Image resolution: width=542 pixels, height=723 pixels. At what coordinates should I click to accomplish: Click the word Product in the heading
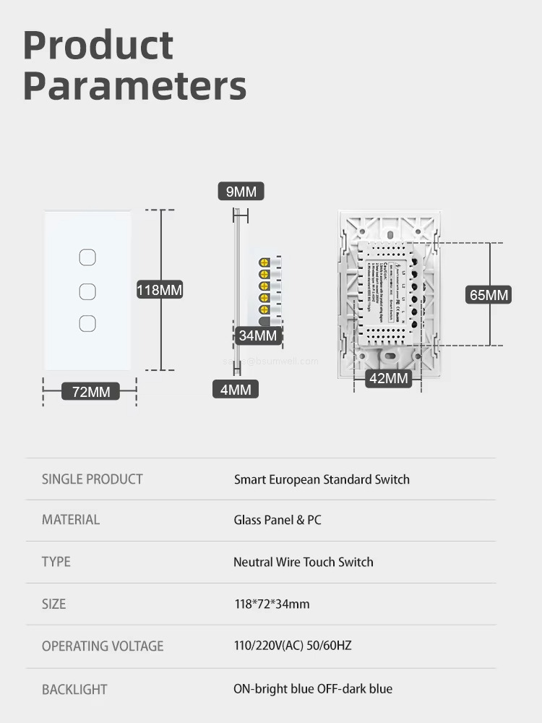click(98, 46)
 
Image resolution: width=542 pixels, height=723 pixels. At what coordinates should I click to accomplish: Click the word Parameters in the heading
click(134, 85)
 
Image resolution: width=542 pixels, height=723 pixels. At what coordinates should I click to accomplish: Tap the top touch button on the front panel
click(87, 257)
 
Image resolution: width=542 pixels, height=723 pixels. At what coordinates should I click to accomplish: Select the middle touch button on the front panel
click(87, 291)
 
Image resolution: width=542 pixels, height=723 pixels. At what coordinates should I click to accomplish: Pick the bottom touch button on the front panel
click(87, 322)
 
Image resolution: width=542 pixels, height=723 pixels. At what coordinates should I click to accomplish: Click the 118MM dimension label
click(160, 290)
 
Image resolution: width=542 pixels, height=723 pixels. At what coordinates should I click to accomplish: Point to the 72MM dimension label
click(91, 391)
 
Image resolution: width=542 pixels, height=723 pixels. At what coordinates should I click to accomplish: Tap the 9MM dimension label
click(241, 192)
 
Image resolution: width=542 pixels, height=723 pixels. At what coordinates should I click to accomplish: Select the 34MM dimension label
click(258, 335)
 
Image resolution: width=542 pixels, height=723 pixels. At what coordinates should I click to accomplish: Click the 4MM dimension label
click(236, 389)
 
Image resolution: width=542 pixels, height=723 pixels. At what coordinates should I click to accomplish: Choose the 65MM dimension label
click(489, 295)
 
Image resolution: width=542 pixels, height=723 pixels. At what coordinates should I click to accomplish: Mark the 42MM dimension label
click(389, 378)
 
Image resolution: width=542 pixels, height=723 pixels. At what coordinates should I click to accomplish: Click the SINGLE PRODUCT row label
click(93, 479)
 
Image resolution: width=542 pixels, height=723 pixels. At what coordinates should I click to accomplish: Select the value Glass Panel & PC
click(278, 520)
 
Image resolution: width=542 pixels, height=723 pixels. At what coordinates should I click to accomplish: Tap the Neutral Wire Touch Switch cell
click(303, 562)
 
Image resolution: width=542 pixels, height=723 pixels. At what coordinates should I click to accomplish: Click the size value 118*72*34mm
click(271, 603)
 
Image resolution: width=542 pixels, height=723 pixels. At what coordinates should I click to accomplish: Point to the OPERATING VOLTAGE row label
click(103, 646)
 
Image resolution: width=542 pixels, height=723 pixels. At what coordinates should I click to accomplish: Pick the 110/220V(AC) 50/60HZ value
click(292, 645)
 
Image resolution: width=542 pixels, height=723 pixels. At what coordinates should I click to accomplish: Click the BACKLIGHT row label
click(74, 689)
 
